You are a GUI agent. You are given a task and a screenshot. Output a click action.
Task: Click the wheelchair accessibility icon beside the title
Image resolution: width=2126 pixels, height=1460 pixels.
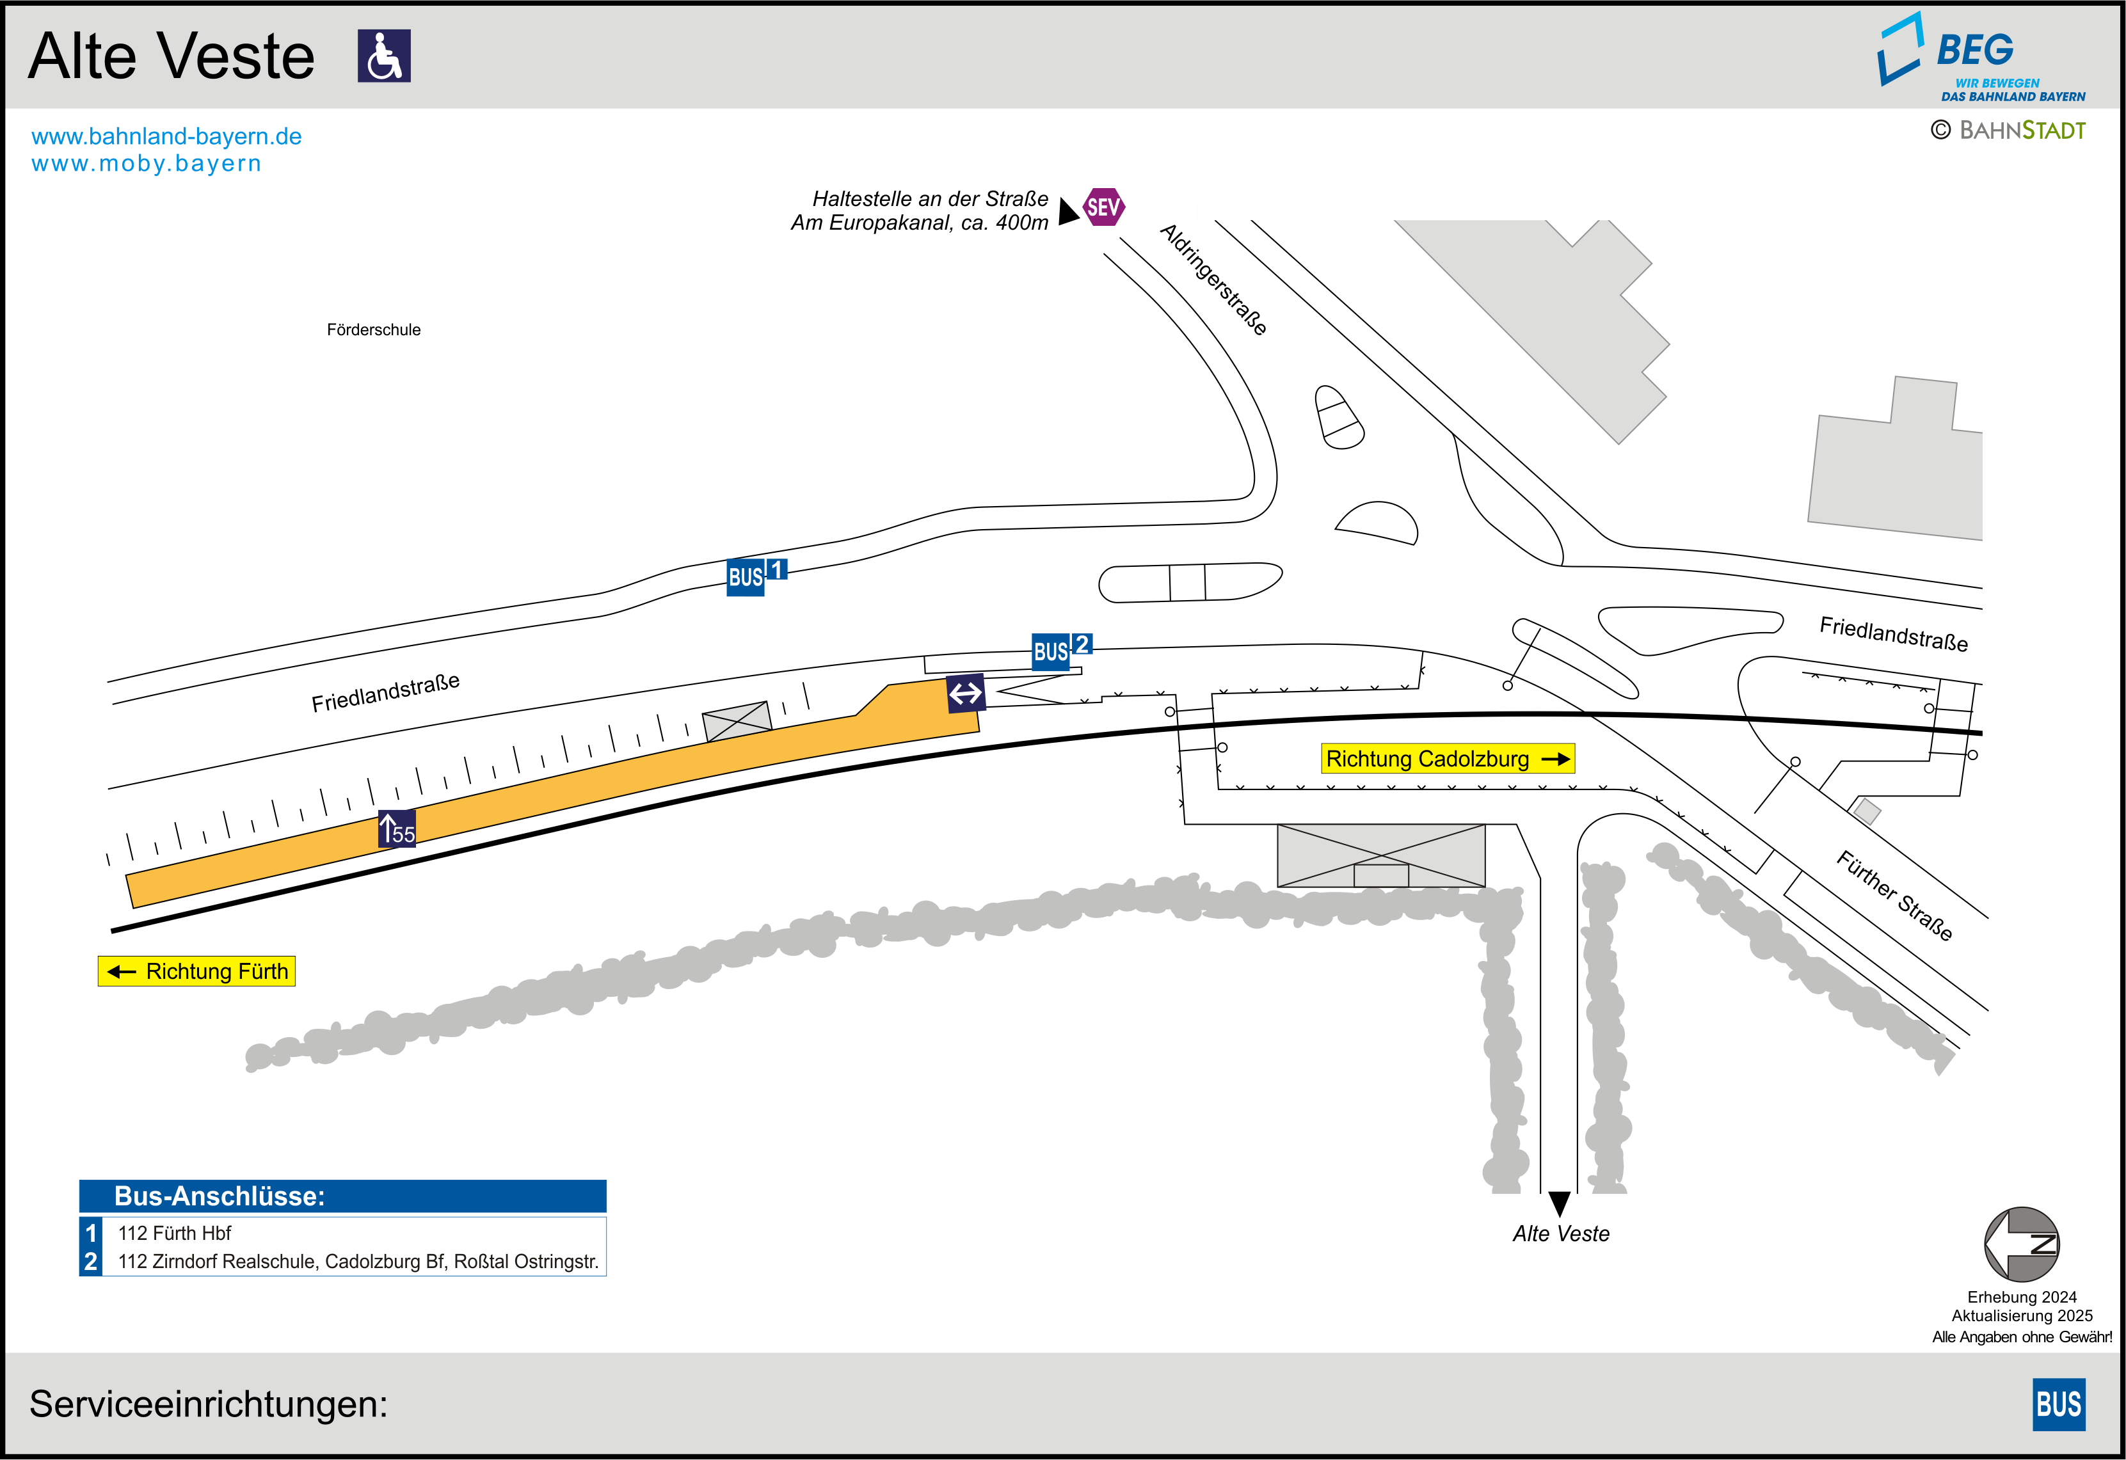(x=384, y=56)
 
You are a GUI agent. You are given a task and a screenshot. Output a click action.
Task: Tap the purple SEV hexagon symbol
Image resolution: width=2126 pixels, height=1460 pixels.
(x=1103, y=207)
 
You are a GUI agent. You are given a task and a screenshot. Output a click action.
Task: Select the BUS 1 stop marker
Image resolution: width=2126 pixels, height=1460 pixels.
(x=756, y=576)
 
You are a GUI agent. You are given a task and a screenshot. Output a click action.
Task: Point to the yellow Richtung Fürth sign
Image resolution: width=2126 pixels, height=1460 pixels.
(x=196, y=971)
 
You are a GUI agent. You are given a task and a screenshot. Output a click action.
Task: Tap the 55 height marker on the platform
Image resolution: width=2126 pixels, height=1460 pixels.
(x=397, y=829)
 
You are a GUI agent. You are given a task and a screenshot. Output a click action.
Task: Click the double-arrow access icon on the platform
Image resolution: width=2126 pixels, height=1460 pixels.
(x=966, y=694)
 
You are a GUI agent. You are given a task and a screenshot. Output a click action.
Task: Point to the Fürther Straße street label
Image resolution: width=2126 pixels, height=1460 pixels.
(x=1894, y=894)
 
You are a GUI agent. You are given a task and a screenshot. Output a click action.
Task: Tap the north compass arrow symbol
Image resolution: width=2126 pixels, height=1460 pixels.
(x=2022, y=1244)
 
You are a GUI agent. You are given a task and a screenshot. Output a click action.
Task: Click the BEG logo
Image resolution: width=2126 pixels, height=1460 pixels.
(x=1981, y=57)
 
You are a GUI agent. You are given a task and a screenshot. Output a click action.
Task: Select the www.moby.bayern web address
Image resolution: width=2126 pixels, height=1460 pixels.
(x=147, y=164)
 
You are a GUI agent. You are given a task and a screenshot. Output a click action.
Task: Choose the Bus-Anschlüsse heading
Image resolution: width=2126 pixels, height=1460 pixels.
(x=220, y=1196)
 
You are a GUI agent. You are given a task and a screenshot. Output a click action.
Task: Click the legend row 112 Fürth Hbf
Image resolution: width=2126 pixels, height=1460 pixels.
(x=174, y=1233)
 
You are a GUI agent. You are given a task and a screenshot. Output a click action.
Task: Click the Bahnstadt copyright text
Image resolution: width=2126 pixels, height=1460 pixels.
(x=2008, y=130)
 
